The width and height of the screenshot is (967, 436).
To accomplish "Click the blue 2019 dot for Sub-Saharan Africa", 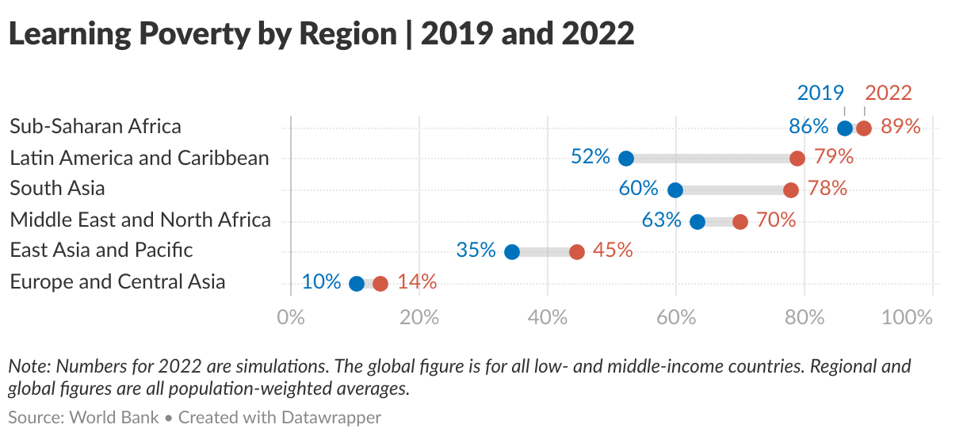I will pos(845,128).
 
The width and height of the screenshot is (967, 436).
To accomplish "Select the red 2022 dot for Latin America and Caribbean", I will pos(797,159).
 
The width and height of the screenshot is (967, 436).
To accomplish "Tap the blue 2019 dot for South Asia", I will pos(675,190).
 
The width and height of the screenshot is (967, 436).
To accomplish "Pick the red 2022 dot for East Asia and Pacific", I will pos(577,252).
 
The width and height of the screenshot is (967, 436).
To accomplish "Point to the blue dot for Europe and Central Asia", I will pos(357,284).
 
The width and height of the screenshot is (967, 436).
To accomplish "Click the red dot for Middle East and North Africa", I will pos(740,221).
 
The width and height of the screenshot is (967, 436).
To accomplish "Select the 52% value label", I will pos(591,157).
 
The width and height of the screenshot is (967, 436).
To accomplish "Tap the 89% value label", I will pos(900,127).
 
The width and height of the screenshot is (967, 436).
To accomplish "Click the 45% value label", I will pos(613,251).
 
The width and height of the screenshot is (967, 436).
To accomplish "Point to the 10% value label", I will pos(322,282).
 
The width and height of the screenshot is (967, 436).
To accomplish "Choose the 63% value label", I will pos(662,220).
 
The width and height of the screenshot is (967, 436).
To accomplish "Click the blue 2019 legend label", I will pos(820,93).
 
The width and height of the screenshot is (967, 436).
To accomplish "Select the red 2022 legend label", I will pos(889,93).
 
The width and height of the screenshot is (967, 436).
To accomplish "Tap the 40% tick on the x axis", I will pos(548,318).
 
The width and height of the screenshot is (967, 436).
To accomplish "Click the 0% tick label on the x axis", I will pos(292,318).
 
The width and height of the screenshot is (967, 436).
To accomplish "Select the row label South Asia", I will pos(57,189).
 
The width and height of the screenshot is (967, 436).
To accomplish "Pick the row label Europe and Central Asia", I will pos(117,281).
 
